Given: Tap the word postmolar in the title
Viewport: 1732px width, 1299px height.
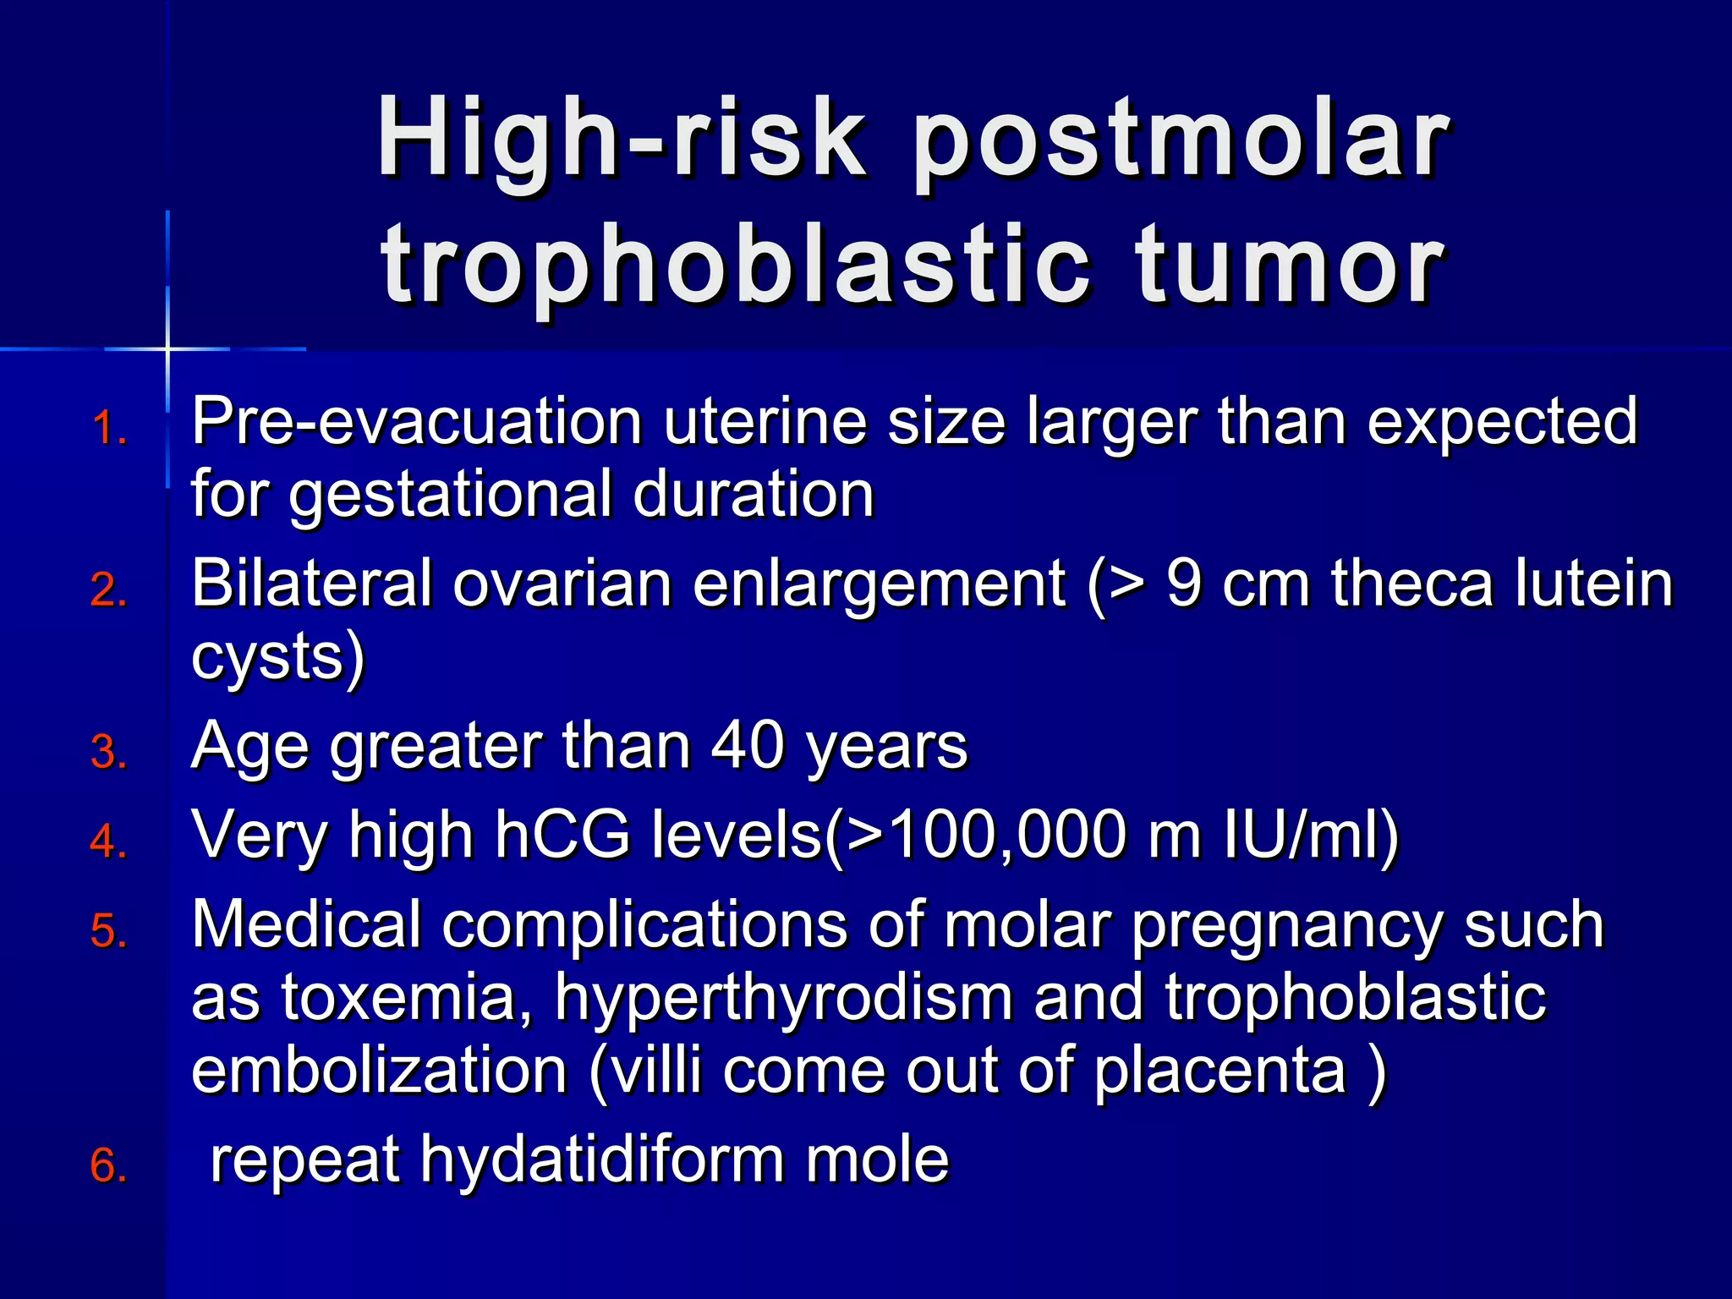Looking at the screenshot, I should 1180,140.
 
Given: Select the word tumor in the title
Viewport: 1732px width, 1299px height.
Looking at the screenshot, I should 1290,266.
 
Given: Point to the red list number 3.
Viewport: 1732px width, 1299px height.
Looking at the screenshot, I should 108,752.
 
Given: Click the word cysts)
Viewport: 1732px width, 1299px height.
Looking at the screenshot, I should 277,658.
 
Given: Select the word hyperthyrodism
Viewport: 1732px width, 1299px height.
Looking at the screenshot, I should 782,998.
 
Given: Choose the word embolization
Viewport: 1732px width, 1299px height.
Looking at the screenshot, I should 379,1072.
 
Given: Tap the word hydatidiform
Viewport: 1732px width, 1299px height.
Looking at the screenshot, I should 602,1160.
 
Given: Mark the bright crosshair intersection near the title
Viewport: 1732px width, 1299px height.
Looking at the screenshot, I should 167,348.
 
